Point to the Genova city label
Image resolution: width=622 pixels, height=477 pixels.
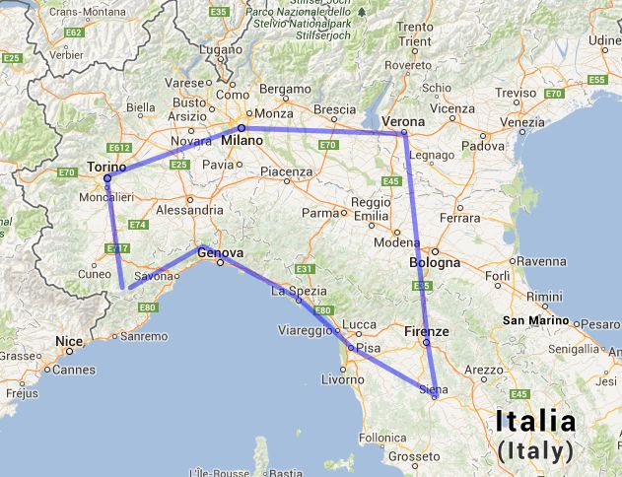pyautogui.click(x=219, y=252)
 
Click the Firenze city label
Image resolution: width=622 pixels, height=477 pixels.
pyautogui.click(x=426, y=332)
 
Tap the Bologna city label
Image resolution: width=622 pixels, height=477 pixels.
pyautogui.click(x=435, y=263)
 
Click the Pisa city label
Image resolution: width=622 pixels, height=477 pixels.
pyautogui.click(x=367, y=348)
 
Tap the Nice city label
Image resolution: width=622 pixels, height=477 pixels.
pyautogui.click(x=68, y=342)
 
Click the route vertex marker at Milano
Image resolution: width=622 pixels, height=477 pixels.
pyautogui.click(x=242, y=128)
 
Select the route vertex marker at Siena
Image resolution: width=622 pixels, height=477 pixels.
pyautogui.click(x=434, y=396)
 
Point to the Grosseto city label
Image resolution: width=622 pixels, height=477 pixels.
pyautogui.click(x=413, y=456)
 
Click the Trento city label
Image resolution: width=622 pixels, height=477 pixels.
pyautogui.click(x=415, y=28)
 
